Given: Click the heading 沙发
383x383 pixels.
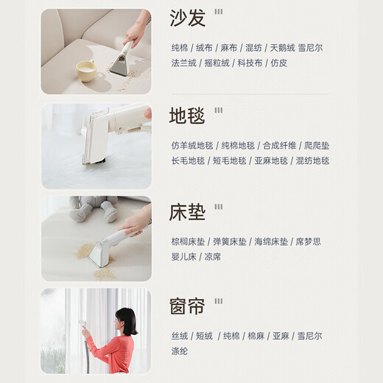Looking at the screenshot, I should coord(189,18).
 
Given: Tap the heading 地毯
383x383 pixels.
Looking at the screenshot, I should coord(189,116).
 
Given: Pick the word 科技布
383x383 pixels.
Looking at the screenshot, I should coord(250,63).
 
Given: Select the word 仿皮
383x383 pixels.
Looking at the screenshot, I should coord(279,63).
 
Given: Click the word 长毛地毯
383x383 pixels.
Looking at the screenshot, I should coord(187,161).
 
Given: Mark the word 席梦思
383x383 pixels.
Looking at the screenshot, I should coord(307,242).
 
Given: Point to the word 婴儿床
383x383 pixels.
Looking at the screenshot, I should coord(184,257).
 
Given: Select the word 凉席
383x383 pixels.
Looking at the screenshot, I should coord(213,257).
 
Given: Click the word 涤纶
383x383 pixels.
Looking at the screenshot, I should coord(180,351).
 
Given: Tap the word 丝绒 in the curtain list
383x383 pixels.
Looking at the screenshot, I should coord(180,336).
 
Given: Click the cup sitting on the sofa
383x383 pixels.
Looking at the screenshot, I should coord(86,71).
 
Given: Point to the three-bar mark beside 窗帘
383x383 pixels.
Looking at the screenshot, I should coord(218,301).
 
